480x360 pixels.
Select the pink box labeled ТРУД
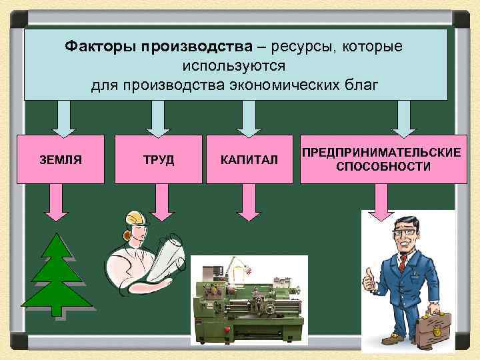pyautogui.click(x=158, y=159)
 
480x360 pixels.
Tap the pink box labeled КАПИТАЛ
pyautogui.click(x=249, y=160)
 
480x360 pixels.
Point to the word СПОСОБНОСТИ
pyautogui.click(x=383, y=166)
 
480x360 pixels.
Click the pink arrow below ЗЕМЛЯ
pyautogui.click(x=56, y=201)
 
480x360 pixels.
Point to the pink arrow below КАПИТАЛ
pyautogui.click(x=249, y=201)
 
